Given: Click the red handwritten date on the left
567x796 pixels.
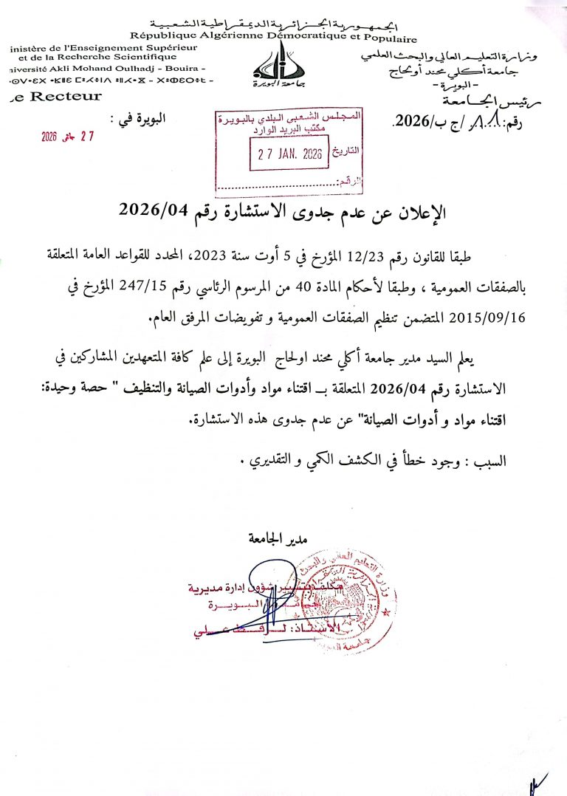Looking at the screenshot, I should (x=69, y=137).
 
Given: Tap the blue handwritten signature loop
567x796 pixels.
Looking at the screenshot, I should (x=267, y=587).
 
